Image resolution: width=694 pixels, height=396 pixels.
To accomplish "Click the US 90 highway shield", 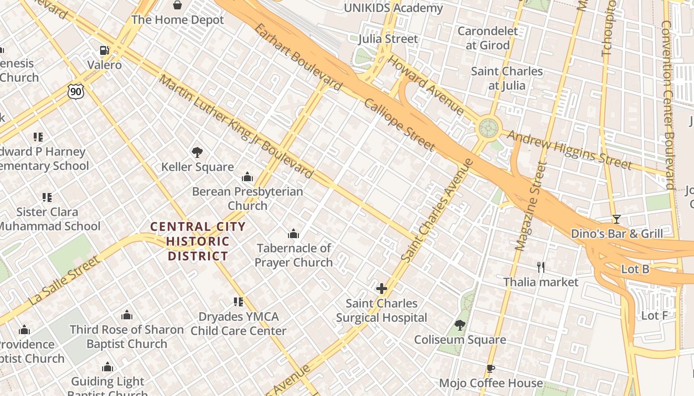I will coord(76,91).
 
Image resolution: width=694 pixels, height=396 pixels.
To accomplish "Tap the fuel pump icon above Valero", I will coord(104,50).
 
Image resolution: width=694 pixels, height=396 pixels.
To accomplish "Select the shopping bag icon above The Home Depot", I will coord(177,5).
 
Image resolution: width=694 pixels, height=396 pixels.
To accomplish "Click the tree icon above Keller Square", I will coord(197,152).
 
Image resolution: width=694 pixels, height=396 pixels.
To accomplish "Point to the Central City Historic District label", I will coord(198,242).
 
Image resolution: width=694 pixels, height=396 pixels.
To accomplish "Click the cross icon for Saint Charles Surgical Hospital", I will coord(381,289).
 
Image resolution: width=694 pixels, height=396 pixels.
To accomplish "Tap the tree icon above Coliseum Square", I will coord(460,325).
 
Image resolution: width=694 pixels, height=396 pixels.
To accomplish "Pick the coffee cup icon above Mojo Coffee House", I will coord(490,369).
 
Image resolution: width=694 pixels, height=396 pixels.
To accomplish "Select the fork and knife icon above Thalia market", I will coord(541,267).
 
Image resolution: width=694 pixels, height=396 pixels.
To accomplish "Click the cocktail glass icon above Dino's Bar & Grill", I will coord(616,219).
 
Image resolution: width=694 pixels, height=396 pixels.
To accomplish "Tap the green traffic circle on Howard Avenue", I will coord(488,128).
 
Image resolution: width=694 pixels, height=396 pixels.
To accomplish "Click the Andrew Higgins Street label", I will coord(569,149).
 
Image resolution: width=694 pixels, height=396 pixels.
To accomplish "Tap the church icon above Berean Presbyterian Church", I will coord(247,177).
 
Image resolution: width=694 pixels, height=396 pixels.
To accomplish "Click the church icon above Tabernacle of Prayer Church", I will coord(293,234).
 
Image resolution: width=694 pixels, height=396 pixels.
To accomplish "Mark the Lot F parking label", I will coord(654,316).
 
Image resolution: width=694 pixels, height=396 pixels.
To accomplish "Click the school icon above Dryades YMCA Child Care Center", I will coord(238,302).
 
